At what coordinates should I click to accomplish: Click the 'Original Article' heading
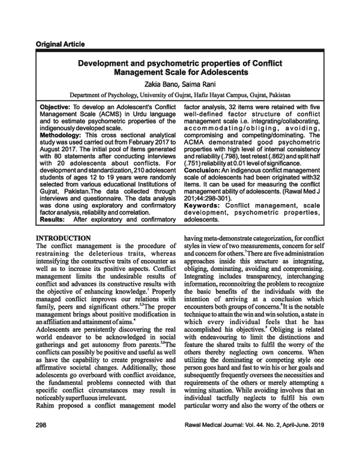(x=60, y=44)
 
